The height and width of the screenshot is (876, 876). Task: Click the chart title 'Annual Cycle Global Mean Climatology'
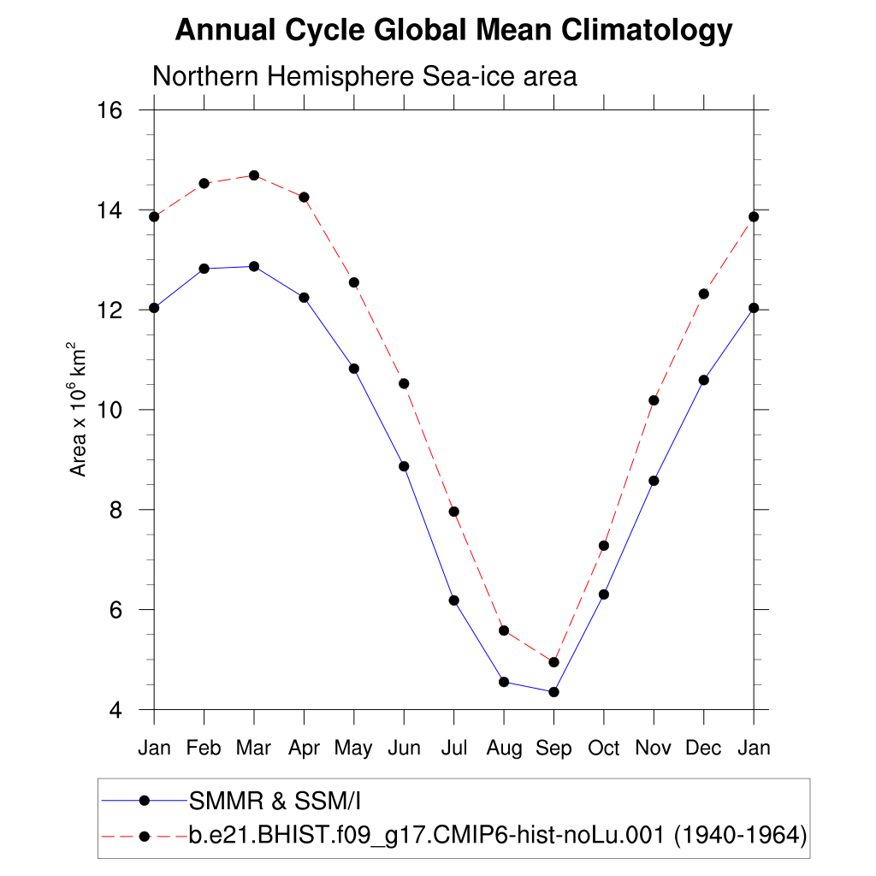453,31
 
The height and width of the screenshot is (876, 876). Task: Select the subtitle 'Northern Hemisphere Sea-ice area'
364,76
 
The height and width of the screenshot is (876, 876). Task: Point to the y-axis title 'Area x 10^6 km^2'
78,410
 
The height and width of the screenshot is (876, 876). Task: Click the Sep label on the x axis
553,749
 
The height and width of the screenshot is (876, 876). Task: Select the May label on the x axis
353,749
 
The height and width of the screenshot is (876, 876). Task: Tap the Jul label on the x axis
453,749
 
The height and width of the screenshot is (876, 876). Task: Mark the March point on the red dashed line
254,175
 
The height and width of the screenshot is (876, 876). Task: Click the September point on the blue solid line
553,692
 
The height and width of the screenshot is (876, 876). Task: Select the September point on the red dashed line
553,662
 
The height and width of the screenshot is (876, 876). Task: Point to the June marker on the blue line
404,466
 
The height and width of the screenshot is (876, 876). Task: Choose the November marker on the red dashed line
654,400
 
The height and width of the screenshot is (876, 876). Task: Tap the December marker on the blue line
704,380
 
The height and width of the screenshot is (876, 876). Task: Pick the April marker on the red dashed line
304,198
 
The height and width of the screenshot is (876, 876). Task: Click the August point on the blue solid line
504,682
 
